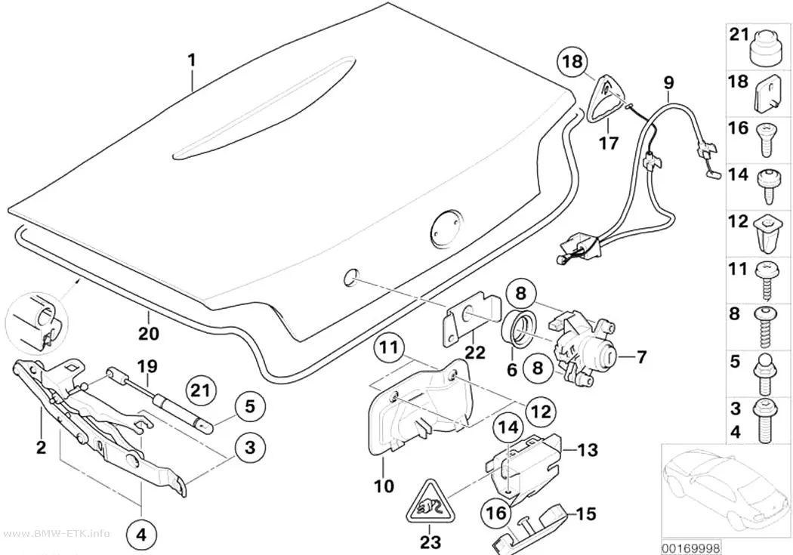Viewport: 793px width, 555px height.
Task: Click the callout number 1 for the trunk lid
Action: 191,60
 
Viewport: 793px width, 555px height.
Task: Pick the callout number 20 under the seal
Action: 149,333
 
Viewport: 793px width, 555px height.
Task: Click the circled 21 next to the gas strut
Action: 202,390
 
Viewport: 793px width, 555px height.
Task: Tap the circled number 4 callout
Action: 142,535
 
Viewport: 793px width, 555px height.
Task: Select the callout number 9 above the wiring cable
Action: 668,82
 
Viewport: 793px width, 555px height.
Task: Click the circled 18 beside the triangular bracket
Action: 573,61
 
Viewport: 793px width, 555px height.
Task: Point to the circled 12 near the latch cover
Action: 541,411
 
